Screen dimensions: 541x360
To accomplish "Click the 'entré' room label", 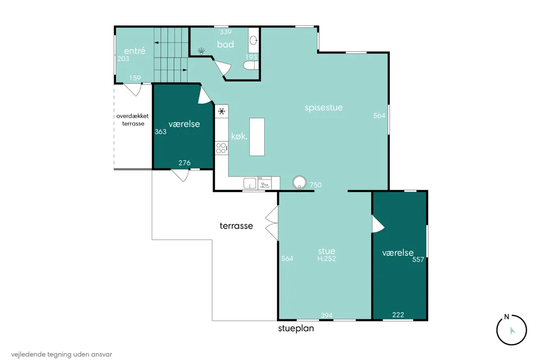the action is click(x=135, y=51).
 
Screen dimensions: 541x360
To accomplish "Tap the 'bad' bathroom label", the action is click(x=225, y=44).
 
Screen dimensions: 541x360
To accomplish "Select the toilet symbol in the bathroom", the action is click(x=250, y=65).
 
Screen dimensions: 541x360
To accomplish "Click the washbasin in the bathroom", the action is click(x=254, y=40).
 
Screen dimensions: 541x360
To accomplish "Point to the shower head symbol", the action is click(x=201, y=51).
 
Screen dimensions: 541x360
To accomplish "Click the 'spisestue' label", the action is click(x=324, y=108).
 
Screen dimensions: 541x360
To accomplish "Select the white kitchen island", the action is click(x=257, y=137).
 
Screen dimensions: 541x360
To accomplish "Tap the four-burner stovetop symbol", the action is click(x=221, y=148).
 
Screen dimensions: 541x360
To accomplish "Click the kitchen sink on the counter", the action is click(x=250, y=183).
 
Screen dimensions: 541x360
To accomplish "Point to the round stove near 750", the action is click(x=300, y=183).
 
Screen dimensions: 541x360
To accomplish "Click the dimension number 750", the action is click(x=316, y=185).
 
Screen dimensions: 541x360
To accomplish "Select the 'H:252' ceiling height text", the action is click(x=327, y=259).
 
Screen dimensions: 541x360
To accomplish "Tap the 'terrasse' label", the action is click(x=236, y=226).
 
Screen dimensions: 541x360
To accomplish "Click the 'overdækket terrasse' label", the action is click(x=133, y=120).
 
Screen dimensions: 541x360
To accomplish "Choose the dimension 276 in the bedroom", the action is click(x=184, y=163).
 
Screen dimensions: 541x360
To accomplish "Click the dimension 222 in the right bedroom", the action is click(x=398, y=315).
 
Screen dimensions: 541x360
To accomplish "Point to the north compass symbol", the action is click(x=511, y=330).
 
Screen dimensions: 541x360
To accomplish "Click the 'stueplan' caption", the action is click(x=296, y=328).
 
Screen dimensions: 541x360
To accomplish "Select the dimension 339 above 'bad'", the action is click(x=226, y=32).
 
